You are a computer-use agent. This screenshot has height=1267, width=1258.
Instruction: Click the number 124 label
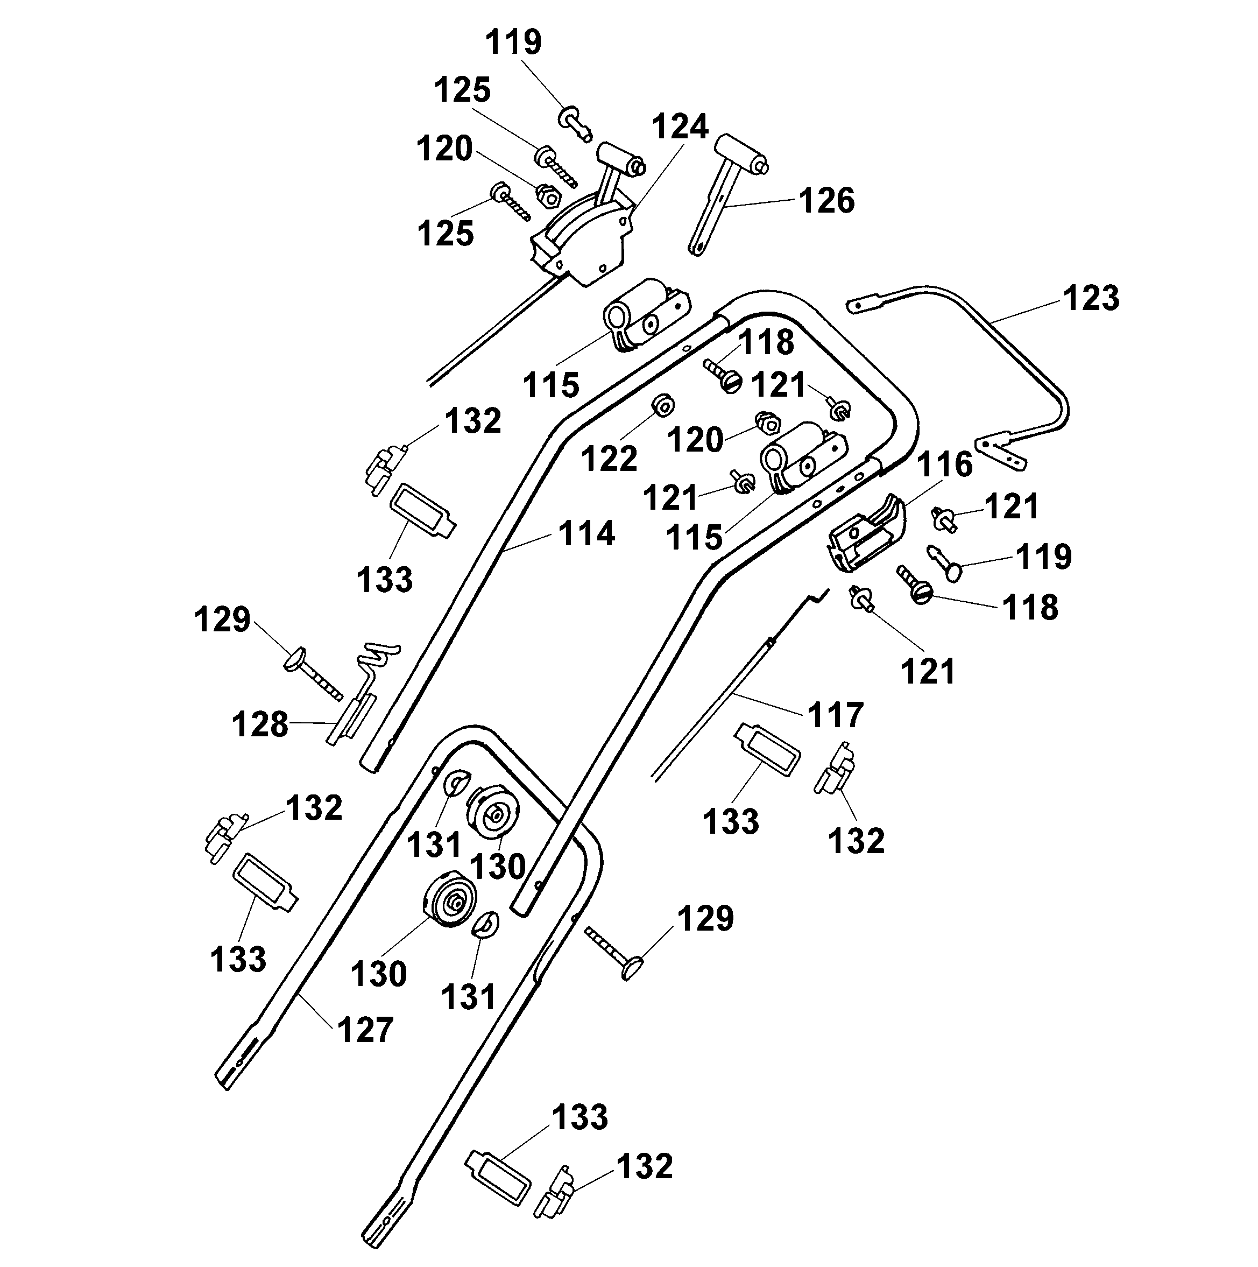pyautogui.click(x=680, y=127)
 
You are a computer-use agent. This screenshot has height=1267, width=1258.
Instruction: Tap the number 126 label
pyautogui.click(x=826, y=201)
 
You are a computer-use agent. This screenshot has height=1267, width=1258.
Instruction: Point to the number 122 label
pyautogui.click(x=609, y=459)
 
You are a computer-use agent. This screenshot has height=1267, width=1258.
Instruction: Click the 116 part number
pyautogui.click(x=944, y=464)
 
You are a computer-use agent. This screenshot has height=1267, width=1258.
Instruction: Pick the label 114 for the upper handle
pyautogui.click(x=586, y=534)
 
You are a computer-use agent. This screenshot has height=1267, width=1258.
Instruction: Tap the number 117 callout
pyautogui.click(x=835, y=715)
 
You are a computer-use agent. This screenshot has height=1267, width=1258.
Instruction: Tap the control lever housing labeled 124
pyautogui.click(x=583, y=243)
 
